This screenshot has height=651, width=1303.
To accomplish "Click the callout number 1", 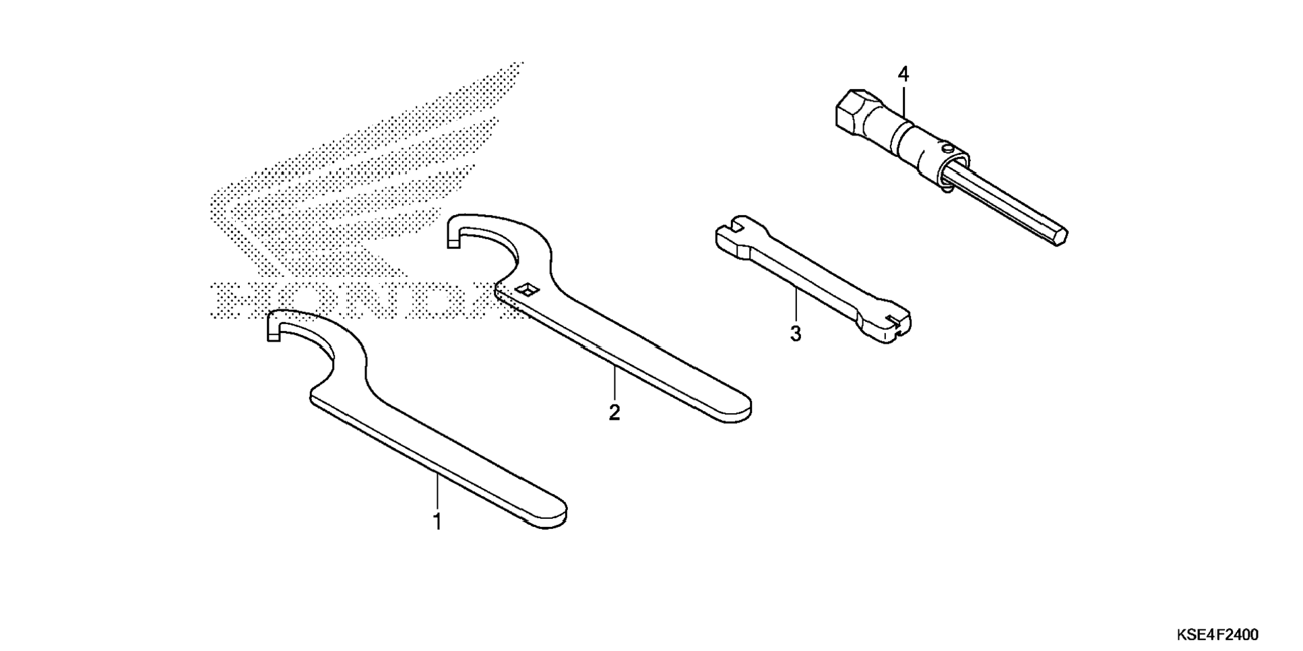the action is (437, 522).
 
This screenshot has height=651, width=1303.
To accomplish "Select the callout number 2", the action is (614, 412).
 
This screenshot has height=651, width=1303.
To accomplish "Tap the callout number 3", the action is (796, 334).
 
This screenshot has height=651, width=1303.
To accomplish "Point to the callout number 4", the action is (903, 74).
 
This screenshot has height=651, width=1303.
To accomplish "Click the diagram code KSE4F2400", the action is (1217, 635).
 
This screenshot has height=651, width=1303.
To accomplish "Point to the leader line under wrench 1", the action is (437, 492).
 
